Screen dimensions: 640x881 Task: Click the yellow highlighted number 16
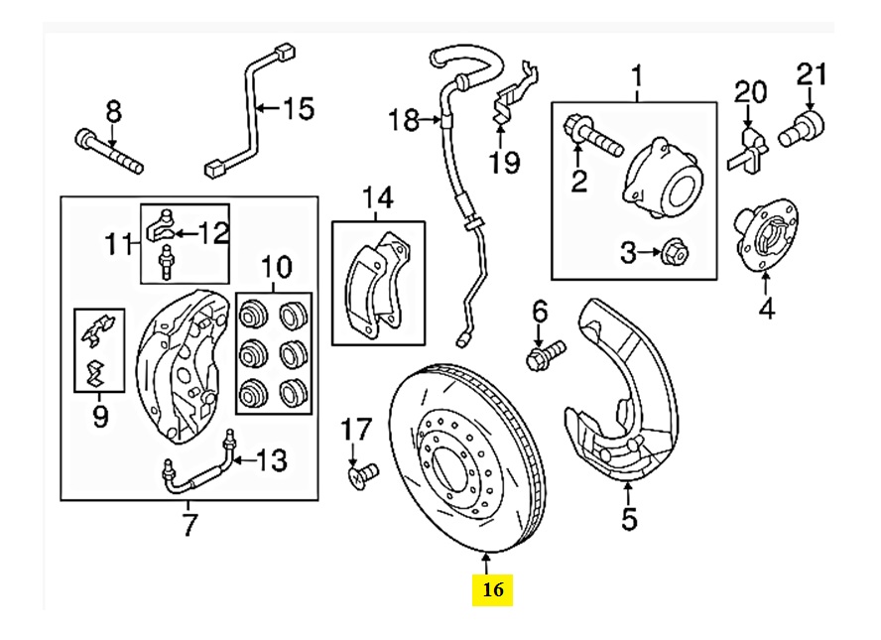(x=493, y=589)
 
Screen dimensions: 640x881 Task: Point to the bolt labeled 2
(x=591, y=135)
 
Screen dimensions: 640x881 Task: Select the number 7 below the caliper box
(x=190, y=524)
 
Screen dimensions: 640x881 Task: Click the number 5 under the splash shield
(x=629, y=517)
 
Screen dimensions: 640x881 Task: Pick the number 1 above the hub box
(x=637, y=74)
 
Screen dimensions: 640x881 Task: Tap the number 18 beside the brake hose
(x=404, y=121)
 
